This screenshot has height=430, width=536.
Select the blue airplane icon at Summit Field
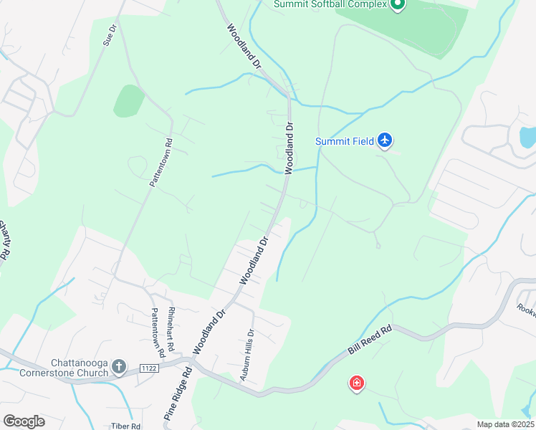point(385,140)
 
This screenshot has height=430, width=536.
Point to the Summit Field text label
point(345,141)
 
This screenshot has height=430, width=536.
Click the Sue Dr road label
point(109,36)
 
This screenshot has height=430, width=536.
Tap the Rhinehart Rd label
point(171,330)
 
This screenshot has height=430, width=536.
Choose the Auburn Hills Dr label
point(248,353)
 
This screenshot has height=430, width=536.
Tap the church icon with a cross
point(120,368)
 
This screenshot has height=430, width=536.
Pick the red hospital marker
point(356,383)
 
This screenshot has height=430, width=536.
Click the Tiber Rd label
point(125,426)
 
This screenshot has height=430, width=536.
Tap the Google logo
point(24,421)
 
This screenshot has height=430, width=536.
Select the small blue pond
point(527,136)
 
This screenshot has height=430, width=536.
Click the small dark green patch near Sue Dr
point(128,101)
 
